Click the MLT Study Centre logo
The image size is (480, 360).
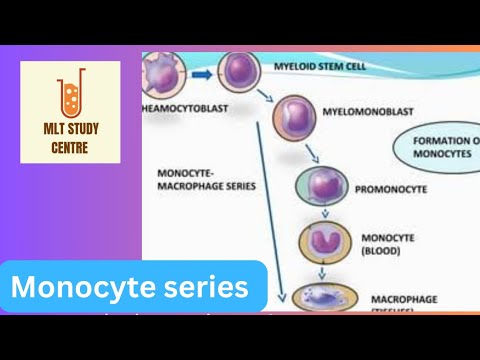coord(70,111)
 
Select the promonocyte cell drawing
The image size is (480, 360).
coord(320,188)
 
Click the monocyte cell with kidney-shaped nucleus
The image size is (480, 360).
coord(321,244)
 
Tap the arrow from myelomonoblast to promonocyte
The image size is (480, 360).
coord(313,153)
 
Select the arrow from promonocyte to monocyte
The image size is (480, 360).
coord(321,215)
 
